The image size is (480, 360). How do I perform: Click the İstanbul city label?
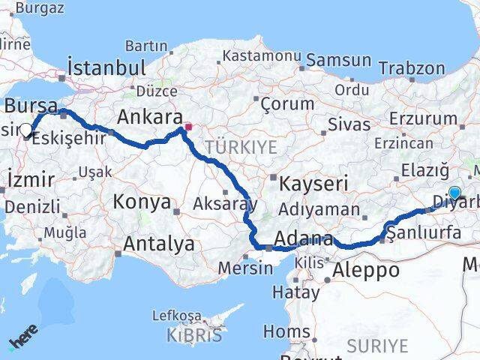pyautogui.click(x=106, y=67)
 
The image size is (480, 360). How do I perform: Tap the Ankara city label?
pyautogui.click(x=150, y=117)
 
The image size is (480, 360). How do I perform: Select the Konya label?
pyautogui.click(x=142, y=201)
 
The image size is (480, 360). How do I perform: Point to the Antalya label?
pyautogui.click(x=158, y=243)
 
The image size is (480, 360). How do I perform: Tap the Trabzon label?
pyautogui.click(x=412, y=67)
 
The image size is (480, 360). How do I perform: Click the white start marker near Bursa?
pyautogui.click(x=26, y=130)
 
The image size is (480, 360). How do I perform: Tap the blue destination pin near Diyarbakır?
pyautogui.click(x=454, y=193)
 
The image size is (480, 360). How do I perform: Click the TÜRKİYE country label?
pyautogui.click(x=241, y=146)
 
